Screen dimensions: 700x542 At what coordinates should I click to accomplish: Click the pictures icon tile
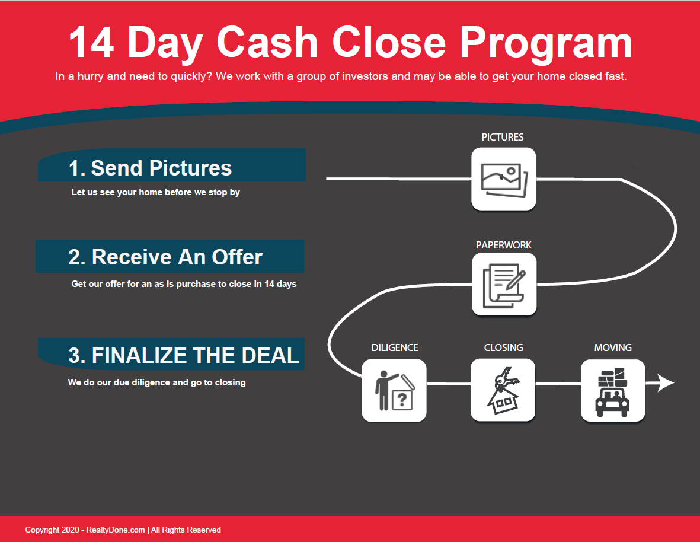pos(504,178)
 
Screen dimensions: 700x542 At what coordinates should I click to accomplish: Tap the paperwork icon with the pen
pos(504,285)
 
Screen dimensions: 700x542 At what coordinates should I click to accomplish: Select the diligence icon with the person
pos(394,390)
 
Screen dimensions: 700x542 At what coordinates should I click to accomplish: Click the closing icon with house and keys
pos(503,390)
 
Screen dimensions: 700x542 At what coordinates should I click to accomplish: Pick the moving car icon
pos(613,390)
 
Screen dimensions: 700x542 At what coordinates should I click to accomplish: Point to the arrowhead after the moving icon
pos(666,383)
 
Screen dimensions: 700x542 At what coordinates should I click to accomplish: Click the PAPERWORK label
pos(504,245)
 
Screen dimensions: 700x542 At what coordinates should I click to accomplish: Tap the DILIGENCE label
pos(395,347)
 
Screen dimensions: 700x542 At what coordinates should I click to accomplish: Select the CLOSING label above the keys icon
pos(504,347)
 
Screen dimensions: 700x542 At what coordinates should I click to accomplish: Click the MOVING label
pos(613,347)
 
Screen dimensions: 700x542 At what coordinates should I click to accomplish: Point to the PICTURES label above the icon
pos(503,137)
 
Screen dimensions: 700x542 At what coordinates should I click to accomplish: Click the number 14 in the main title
pos(91,43)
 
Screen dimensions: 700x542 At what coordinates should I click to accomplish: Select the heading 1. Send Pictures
pos(150,168)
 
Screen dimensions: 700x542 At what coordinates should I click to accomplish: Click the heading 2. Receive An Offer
pos(165,257)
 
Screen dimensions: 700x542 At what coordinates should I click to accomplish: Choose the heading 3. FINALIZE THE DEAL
pos(184,355)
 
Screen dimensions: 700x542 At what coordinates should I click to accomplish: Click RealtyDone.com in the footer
pos(115,530)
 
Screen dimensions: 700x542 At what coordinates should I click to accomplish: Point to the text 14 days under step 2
pos(280,284)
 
